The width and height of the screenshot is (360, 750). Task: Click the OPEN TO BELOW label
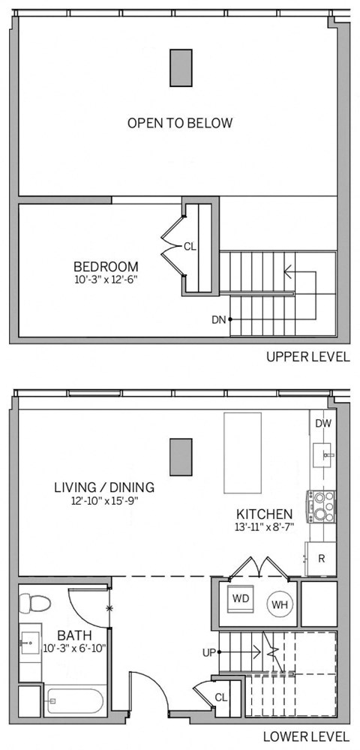tap(179, 123)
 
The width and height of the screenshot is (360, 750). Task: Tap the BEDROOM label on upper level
tap(106, 266)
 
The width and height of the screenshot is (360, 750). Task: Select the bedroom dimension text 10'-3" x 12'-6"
tap(106, 280)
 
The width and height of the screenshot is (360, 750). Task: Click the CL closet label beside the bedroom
tap(190, 246)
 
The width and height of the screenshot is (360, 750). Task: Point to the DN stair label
tap(218, 319)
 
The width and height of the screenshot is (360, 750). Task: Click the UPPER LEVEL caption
tap(307, 357)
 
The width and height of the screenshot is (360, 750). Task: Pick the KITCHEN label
tap(264, 514)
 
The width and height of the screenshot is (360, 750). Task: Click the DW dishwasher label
tap(323, 424)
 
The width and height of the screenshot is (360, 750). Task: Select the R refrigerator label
tap(321, 558)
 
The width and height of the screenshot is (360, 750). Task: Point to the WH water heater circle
tap(279, 604)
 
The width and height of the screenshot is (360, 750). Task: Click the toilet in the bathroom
tap(34, 603)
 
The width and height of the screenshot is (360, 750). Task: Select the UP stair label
tap(209, 652)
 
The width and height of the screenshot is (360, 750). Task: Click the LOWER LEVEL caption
tap(307, 736)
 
